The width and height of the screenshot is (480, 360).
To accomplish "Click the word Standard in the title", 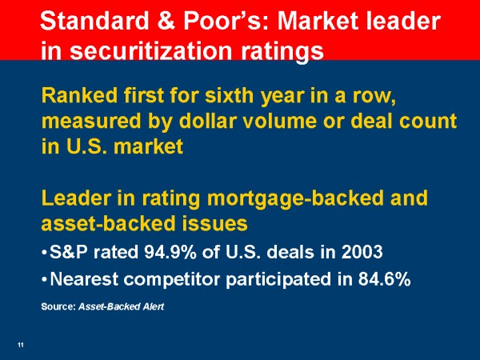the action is tap(94, 21).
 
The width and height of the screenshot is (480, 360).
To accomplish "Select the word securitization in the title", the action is tap(151, 51).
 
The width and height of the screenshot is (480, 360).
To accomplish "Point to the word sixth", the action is tap(230, 95).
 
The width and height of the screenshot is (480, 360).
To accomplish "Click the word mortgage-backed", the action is tap(295, 198).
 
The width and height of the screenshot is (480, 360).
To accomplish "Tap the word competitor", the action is tap(172, 280).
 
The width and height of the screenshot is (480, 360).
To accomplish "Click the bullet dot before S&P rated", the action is tap(44, 253).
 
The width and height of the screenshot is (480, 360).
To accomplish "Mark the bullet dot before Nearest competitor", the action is tap(44, 280).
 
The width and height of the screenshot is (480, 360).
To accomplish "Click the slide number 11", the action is tap(21, 345).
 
